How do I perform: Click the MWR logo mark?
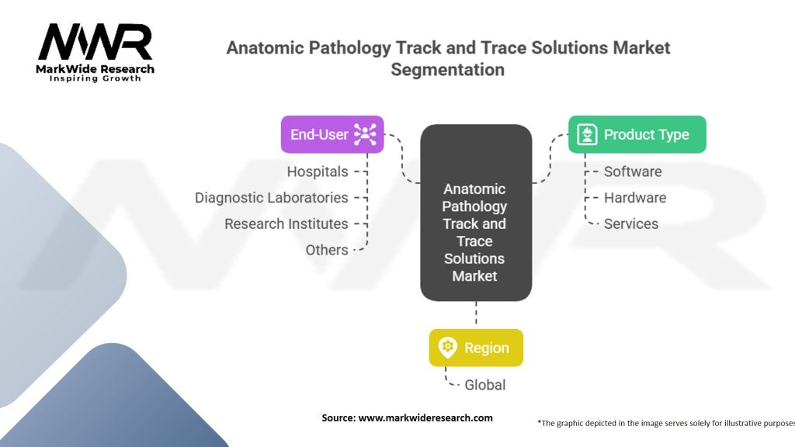pyautogui.click(x=95, y=42)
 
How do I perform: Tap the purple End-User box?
pyautogui.click(x=332, y=134)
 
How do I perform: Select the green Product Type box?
pyautogui.click(x=637, y=134)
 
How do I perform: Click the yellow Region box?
pyautogui.click(x=476, y=348)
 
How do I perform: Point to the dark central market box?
pyautogui.click(x=476, y=213)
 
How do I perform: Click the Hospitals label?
pyautogui.click(x=318, y=172)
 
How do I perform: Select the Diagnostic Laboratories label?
pyautogui.click(x=271, y=198)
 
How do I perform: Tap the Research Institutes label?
pyautogui.click(x=286, y=224)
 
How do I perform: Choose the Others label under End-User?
pyautogui.click(x=327, y=250)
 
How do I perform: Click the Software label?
pyautogui.click(x=633, y=172)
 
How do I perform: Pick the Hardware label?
pyautogui.click(x=635, y=198)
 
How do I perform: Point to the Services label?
pyautogui.click(x=630, y=224)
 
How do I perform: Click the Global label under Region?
pyautogui.click(x=485, y=385)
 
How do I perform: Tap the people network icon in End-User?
pyautogui.click(x=365, y=134)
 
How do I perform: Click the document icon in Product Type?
pyautogui.click(x=587, y=134)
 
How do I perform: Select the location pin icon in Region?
pyautogui.click(x=448, y=348)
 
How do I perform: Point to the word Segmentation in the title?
pyautogui.click(x=448, y=69)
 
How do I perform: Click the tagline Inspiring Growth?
pyautogui.click(x=95, y=78)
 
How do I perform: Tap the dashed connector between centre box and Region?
pyautogui.click(x=476, y=314)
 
